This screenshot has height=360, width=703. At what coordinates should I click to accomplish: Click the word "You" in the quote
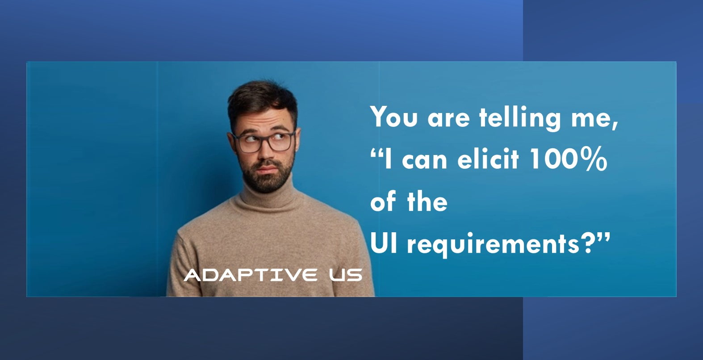pyautogui.click(x=394, y=116)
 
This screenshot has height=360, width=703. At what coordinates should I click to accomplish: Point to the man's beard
pyautogui.click(x=267, y=178)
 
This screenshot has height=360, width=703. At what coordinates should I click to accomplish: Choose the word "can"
pyautogui.click(x=424, y=160)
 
